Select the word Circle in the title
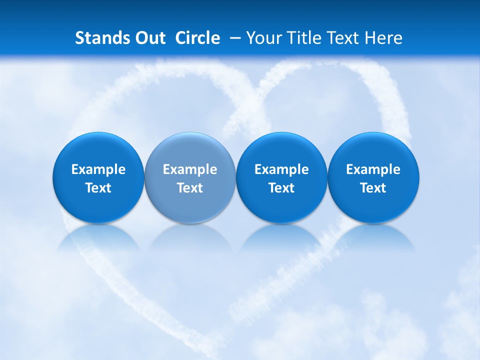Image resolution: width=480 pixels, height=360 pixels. tap(197, 38)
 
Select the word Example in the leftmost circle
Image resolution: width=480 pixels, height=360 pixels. tap(98, 169)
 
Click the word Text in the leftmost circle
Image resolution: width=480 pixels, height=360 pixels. tap(98, 188)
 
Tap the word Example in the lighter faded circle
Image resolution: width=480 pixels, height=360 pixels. tap(190, 169)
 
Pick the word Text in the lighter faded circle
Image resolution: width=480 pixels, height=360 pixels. tap(190, 188)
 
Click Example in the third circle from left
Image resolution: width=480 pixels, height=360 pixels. tap(281, 169)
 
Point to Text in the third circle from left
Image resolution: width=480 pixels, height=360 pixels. tap(281, 188)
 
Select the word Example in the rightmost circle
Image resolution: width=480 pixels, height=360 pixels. tap(373, 169)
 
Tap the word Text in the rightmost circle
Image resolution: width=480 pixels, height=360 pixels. tap(373, 188)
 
